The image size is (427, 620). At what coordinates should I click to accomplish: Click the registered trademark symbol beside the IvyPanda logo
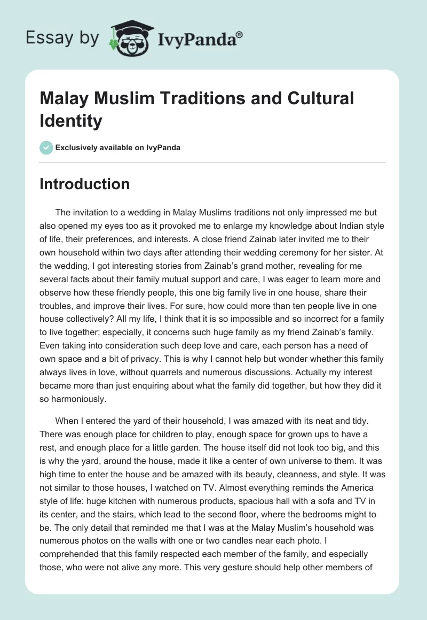coord(240,35)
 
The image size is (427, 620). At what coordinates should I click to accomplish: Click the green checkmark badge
coord(46,148)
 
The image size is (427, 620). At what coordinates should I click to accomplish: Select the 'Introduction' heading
coord(85,184)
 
